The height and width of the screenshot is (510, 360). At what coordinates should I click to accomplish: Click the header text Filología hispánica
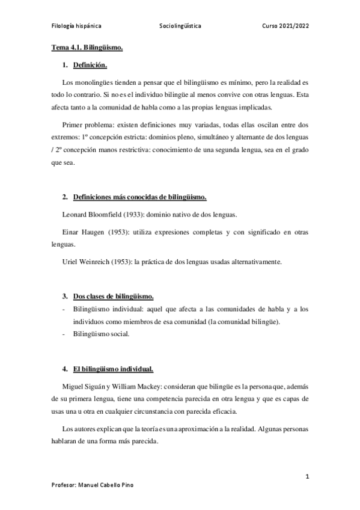pos(75,26)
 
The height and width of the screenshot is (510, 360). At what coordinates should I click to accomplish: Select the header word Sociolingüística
pos(180,26)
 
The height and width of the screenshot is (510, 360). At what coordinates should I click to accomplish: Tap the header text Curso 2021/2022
pos(285,26)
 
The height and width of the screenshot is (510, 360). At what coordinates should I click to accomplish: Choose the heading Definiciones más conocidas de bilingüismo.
pos(139,197)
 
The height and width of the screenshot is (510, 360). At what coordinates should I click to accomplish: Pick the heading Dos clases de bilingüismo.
pos(113,296)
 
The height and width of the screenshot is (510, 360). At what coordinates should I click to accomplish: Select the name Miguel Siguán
pos(84,386)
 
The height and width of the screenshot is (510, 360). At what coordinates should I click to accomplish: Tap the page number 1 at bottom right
pos(307,477)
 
